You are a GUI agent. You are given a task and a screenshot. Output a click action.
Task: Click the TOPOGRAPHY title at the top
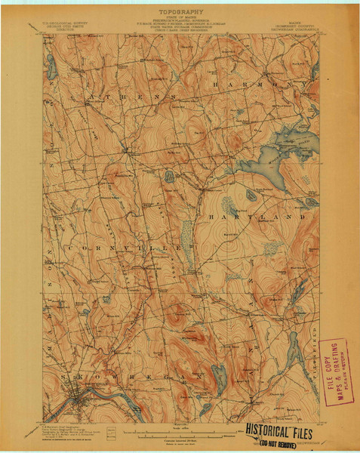(x=179, y=14)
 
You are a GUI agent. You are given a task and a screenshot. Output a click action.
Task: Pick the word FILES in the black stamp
(x=301, y=431)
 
